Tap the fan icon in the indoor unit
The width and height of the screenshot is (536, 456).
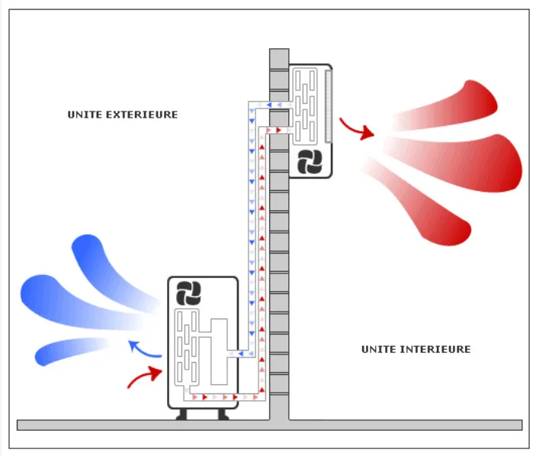click(311, 161)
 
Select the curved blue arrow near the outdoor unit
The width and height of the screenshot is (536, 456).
click(143, 350)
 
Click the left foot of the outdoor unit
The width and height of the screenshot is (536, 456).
click(183, 415)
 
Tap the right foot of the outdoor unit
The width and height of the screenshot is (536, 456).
click(223, 415)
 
